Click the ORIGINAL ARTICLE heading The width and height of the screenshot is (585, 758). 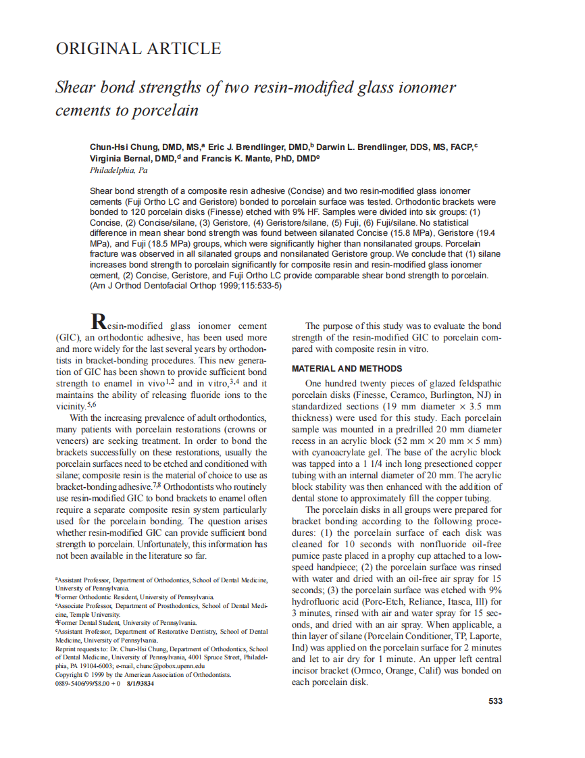click(x=138, y=49)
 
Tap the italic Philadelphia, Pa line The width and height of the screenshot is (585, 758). click(x=119, y=170)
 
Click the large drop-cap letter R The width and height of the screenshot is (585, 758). click(x=99, y=323)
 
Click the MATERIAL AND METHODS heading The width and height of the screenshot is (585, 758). click(x=347, y=369)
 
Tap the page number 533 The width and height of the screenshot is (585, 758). click(x=495, y=701)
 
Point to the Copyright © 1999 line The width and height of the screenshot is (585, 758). click(x=143, y=674)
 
